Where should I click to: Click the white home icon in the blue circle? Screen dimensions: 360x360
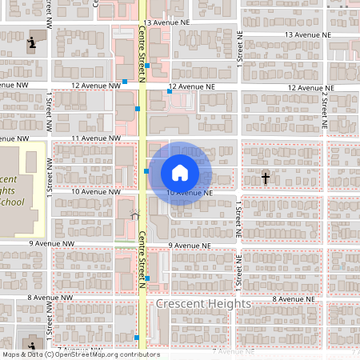[x=180, y=173]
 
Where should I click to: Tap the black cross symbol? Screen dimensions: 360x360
[x=266, y=178]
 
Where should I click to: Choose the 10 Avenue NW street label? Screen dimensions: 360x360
[x=96, y=192]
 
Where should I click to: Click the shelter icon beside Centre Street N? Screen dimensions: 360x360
[x=134, y=214]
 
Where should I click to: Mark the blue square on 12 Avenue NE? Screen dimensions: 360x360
[x=170, y=91]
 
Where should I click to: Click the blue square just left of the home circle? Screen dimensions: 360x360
[x=146, y=170]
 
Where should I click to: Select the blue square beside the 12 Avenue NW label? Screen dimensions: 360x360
[x=126, y=81]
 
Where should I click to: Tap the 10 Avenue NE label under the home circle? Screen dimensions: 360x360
[x=189, y=193]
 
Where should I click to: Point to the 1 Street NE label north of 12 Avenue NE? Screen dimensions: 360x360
[x=238, y=51]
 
